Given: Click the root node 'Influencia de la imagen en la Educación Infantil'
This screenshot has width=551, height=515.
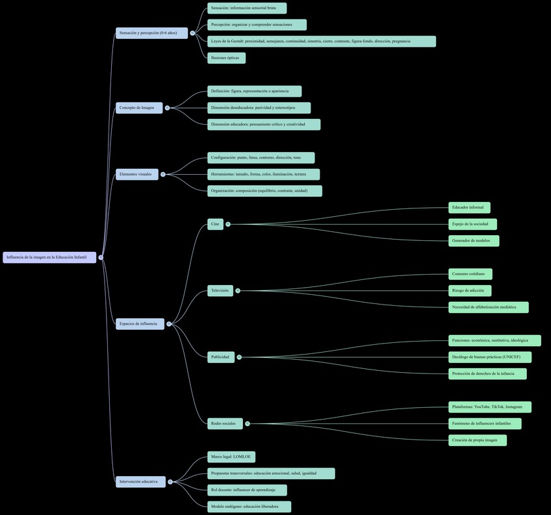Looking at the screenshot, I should (x=49, y=257).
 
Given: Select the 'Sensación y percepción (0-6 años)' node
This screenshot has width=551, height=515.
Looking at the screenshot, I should (x=151, y=32).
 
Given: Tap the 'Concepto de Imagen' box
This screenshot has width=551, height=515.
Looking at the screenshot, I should (x=139, y=108).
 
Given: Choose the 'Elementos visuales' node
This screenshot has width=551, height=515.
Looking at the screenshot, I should (x=136, y=174).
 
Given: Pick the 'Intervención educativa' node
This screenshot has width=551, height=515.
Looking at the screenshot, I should (x=140, y=482).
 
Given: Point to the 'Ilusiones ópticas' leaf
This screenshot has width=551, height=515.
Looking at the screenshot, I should (x=226, y=58).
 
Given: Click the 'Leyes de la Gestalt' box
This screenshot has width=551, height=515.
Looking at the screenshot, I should (x=321, y=41).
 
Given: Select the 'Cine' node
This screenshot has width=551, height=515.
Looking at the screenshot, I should (x=215, y=224).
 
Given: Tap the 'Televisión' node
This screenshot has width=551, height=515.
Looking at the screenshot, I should (x=220, y=290).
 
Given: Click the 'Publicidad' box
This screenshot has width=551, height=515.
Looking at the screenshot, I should (x=220, y=357).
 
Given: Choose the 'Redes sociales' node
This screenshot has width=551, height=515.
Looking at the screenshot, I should (x=225, y=423).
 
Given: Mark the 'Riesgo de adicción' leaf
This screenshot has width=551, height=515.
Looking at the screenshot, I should (x=469, y=290).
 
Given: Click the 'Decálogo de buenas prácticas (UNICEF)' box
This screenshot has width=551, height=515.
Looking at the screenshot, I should (x=489, y=357).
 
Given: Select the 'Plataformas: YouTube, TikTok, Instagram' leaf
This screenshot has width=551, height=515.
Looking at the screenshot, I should (x=489, y=407).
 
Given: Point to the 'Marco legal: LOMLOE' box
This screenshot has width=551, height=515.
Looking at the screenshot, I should (x=231, y=457).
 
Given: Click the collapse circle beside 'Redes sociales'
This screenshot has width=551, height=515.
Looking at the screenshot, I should (x=248, y=423).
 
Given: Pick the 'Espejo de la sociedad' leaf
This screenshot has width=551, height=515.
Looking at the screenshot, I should (x=472, y=224).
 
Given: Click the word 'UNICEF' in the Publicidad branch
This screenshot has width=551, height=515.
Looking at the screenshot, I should (x=511, y=357).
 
